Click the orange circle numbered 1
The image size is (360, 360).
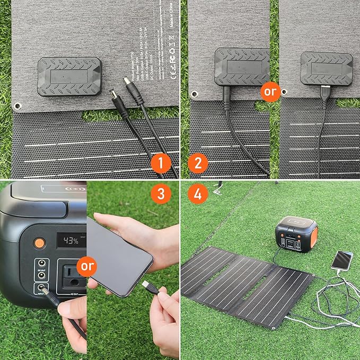[161, 163]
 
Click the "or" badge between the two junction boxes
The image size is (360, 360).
[270, 91]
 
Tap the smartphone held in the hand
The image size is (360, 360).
[119, 254]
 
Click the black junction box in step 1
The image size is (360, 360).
[69, 76]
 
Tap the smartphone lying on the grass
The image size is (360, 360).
[342, 260]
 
